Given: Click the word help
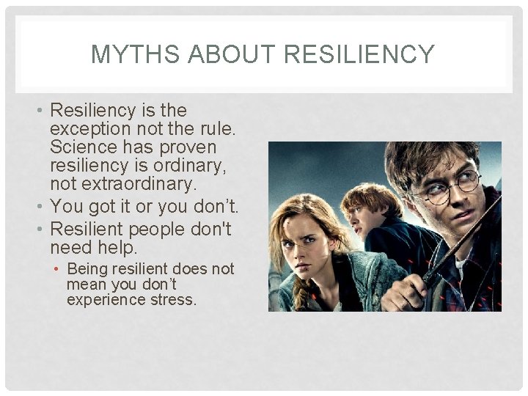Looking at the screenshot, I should [117, 248].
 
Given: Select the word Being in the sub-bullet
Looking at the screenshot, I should [89, 269].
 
